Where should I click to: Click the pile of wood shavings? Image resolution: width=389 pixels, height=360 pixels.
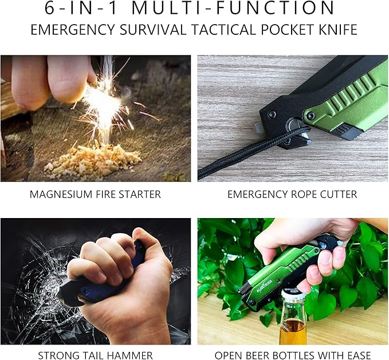coord(92,160)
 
